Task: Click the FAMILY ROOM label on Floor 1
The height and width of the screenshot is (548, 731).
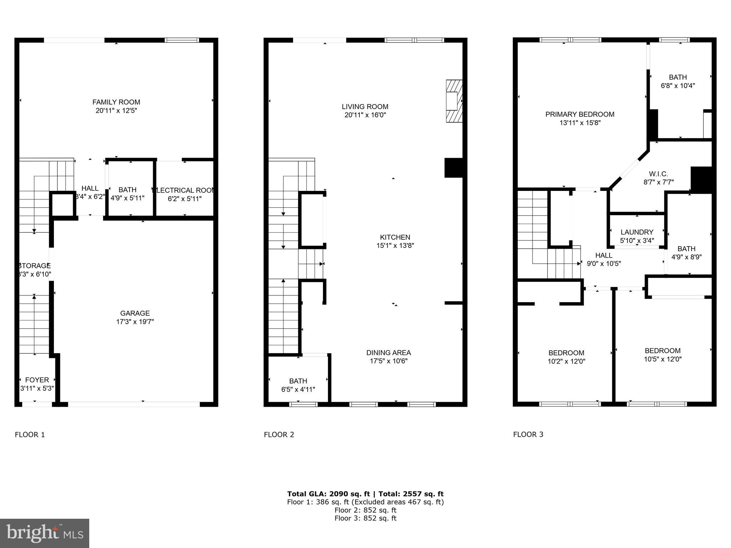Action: (116, 102)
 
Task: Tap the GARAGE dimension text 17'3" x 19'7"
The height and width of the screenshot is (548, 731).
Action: (135, 321)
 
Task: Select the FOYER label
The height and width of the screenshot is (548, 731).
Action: (37, 380)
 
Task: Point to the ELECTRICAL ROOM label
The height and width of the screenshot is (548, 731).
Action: (185, 190)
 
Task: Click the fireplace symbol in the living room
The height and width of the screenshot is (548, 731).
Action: (454, 101)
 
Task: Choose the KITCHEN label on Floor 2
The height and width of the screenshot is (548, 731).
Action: (395, 237)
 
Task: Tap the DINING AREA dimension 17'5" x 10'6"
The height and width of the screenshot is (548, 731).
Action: (388, 361)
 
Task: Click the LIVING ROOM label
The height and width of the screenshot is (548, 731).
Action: (365, 107)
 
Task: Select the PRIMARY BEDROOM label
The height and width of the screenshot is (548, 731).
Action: (580, 115)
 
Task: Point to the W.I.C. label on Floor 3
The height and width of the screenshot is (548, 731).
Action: (658, 174)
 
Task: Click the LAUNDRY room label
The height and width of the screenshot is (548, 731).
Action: (637, 232)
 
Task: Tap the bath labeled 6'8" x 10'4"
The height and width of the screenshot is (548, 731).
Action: (677, 81)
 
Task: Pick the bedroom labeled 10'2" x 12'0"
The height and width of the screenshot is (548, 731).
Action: (566, 357)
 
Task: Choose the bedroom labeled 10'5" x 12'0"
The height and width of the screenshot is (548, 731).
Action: (662, 355)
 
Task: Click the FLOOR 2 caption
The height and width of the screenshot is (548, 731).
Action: (279, 435)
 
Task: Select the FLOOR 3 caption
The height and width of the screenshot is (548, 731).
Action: (528, 435)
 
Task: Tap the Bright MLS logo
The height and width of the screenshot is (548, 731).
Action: (45, 533)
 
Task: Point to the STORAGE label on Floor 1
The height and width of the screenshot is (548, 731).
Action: (35, 266)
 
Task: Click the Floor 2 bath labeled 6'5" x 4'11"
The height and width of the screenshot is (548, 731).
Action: (298, 385)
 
